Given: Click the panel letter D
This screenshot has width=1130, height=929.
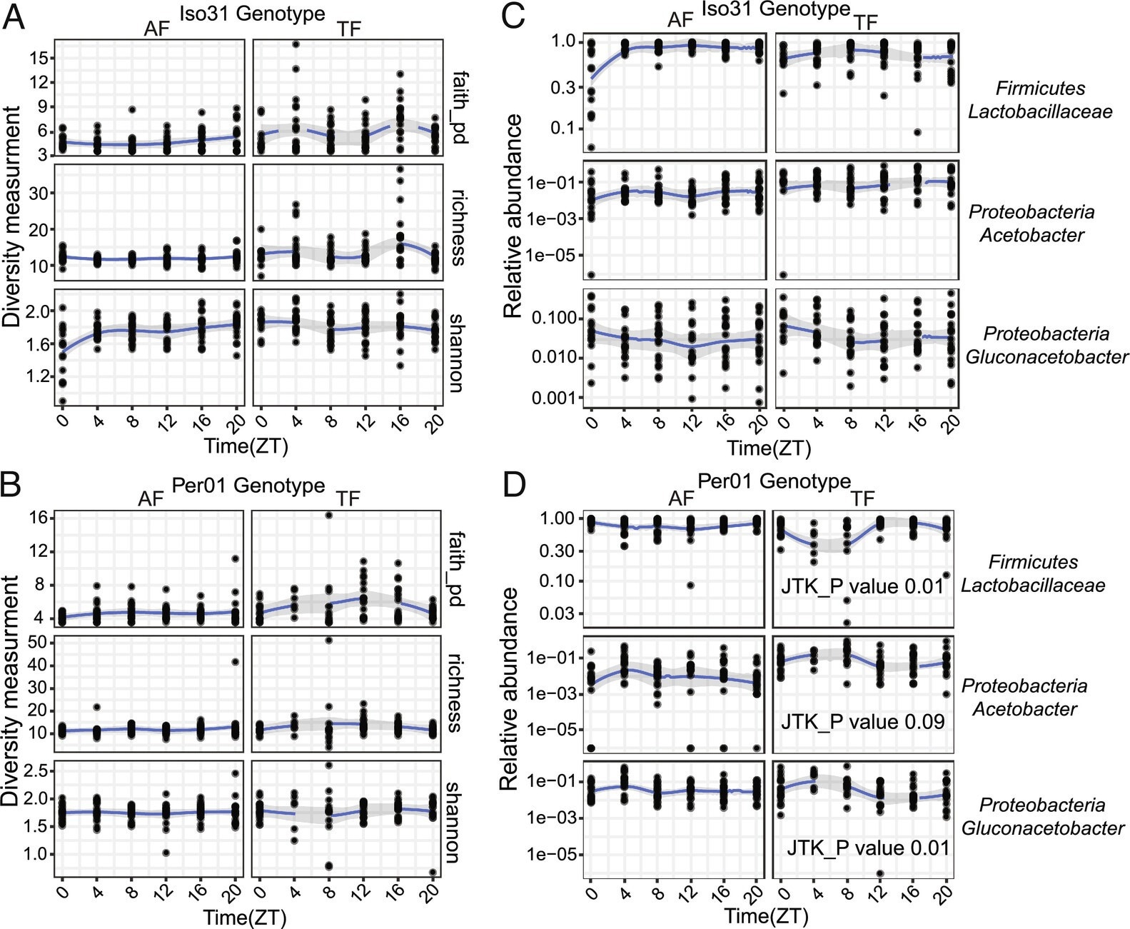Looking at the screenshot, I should click(x=514, y=484).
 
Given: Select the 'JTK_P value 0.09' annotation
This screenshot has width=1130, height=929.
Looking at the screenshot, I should click(x=862, y=721).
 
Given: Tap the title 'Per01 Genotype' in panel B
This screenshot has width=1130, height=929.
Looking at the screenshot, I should click(x=248, y=486).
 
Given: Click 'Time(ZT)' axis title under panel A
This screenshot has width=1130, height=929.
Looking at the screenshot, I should click(x=246, y=446).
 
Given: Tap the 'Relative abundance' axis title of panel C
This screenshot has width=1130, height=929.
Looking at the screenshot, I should click(x=513, y=216).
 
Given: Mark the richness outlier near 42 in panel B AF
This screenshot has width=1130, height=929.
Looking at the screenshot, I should click(x=236, y=661).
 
